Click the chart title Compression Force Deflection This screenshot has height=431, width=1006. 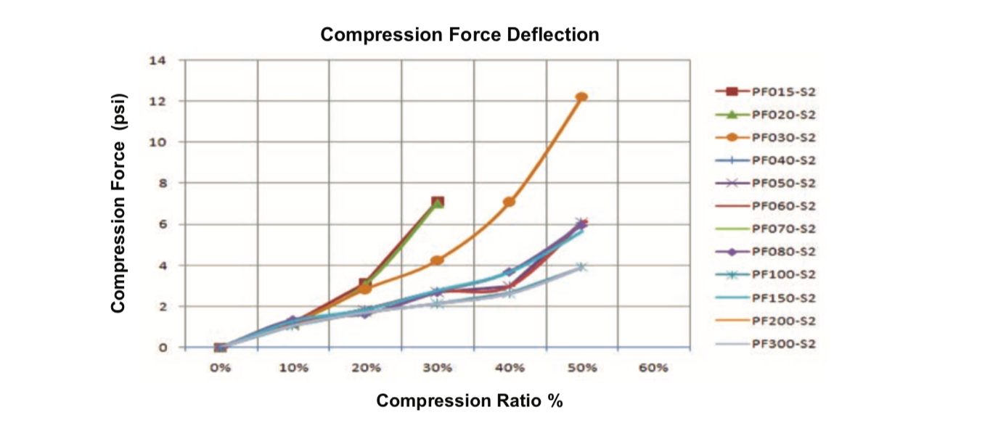[459, 34]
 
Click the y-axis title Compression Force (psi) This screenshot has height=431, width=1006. [119, 203]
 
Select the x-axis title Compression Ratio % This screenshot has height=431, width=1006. [469, 401]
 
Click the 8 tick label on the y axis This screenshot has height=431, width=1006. [161, 184]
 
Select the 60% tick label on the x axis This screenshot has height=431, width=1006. [653, 368]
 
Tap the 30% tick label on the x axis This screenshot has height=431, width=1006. [437, 368]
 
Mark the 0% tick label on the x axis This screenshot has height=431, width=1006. [221, 368]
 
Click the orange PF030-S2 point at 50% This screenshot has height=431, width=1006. [581, 97]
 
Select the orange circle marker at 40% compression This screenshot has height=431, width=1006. [510, 202]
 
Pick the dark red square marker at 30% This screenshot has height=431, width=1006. [438, 202]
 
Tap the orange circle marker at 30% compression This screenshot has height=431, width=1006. [437, 260]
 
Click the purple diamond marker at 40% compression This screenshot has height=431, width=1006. [510, 272]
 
